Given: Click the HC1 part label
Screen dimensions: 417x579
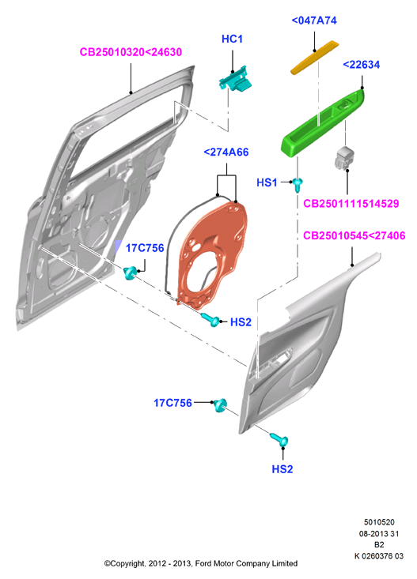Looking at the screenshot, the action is coord(232,39).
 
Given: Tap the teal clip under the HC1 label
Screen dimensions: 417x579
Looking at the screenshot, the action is coord(235,80).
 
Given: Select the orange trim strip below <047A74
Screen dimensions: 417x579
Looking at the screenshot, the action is coord(314,57).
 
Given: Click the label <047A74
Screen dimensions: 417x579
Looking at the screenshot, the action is coord(314,21).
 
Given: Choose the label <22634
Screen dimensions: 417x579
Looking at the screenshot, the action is coord(361,65).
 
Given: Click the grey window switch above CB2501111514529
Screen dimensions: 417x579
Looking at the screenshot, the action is coord(344,157).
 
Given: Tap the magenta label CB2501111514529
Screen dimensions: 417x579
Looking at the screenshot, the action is coord(351,204).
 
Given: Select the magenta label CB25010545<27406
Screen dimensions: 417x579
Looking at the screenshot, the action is coord(354,235).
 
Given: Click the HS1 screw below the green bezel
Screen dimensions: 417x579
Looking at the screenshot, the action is coord(298,184).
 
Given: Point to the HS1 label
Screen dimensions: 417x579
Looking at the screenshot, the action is coord(267,182).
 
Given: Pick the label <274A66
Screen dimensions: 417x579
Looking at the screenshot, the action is coord(226,152).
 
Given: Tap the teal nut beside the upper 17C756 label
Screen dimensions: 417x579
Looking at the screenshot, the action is coord(130,273).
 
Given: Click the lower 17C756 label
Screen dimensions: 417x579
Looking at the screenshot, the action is coord(172,403).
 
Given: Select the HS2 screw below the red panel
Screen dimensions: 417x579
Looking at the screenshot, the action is coord(211,319).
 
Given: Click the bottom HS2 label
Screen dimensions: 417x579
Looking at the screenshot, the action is coord(282,469).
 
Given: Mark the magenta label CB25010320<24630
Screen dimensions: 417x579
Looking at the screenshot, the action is coord(131,52).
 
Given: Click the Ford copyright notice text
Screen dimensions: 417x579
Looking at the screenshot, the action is coord(201,563).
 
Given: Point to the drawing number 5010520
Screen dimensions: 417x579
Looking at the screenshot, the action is coord(379,522).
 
